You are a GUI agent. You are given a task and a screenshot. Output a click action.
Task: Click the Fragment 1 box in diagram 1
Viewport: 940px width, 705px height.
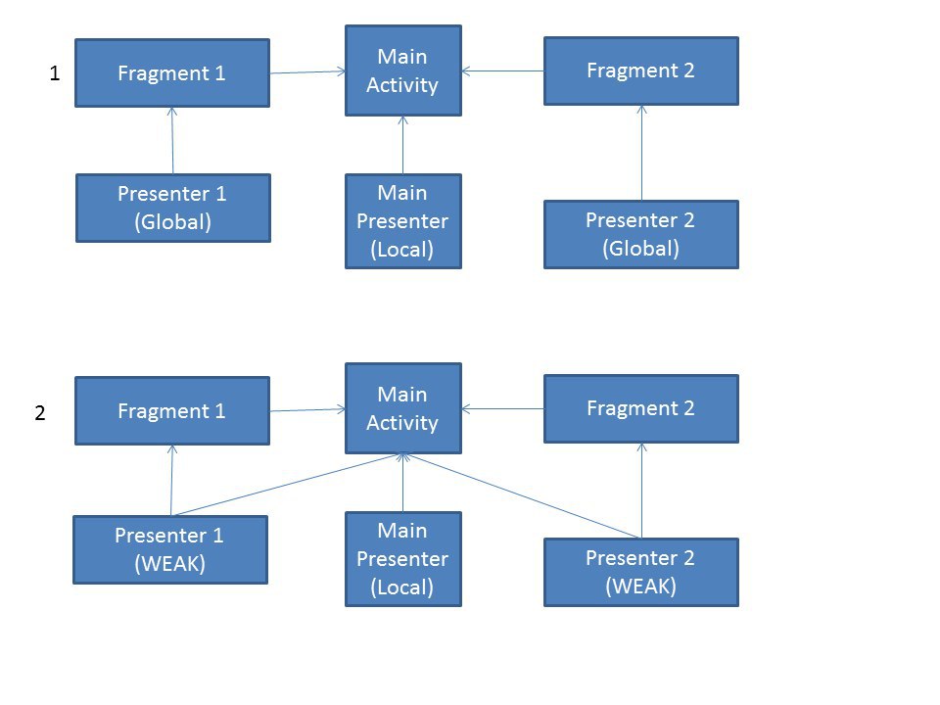point(172,73)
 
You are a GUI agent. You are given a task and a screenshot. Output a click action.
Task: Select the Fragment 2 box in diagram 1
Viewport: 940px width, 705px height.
point(640,70)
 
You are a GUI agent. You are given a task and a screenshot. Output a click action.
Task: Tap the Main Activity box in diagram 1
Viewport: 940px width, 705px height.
point(402,70)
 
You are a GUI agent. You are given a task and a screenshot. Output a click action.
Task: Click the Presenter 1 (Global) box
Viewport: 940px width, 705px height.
point(172,208)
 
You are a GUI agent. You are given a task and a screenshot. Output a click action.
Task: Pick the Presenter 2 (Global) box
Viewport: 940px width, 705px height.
point(640,234)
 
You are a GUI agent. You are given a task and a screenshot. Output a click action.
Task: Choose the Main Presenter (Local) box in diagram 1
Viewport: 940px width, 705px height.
point(402,221)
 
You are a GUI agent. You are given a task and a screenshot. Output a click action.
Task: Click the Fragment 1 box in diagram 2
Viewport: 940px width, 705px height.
point(172,410)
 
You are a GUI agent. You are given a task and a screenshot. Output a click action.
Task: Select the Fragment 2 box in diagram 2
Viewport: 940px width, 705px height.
point(640,409)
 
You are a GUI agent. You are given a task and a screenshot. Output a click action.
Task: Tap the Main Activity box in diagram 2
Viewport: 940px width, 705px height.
point(402,408)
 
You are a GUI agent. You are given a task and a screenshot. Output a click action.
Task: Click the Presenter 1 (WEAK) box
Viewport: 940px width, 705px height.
point(170,549)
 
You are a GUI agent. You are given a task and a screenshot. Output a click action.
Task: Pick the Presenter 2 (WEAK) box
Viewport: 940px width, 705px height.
point(640,573)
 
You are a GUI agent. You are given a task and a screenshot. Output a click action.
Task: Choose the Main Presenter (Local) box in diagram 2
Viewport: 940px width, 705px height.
point(402,559)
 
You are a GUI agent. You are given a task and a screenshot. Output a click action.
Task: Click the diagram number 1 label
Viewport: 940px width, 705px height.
point(55,73)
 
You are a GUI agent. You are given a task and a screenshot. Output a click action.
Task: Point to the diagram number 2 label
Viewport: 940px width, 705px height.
point(40,412)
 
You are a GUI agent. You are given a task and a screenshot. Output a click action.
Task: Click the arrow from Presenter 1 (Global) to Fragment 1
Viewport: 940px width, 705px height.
point(172,141)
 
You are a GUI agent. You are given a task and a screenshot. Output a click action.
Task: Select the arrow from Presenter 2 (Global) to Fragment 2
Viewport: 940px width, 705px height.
point(641,153)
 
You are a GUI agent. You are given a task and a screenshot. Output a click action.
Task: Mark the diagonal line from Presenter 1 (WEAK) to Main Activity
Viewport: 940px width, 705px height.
point(287,485)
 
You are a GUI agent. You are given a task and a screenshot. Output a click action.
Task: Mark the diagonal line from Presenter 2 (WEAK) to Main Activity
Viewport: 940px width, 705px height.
point(521,496)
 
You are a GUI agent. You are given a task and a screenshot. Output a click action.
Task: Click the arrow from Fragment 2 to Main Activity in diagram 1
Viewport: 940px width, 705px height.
point(503,70)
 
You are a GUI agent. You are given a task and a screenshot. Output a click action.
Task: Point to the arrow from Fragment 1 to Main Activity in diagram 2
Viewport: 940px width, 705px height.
point(307,410)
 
